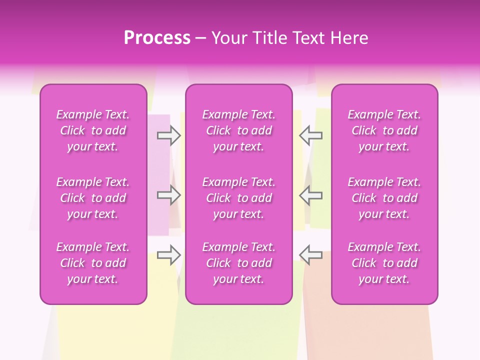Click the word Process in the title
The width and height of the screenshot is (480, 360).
(157, 38)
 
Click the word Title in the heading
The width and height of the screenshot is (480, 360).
(270, 38)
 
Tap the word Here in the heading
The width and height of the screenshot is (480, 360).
(348, 38)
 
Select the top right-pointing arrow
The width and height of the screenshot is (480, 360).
(169, 135)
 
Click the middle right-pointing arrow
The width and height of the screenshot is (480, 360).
(169, 195)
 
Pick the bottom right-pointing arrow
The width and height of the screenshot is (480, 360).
(169, 255)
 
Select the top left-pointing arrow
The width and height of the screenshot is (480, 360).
(311, 135)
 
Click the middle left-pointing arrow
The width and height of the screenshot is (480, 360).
(311, 195)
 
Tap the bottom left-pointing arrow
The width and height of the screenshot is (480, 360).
(311, 255)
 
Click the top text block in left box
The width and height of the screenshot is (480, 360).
(93, 130)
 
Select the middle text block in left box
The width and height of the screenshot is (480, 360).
(93, 198)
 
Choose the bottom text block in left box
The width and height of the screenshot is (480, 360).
(93, 263)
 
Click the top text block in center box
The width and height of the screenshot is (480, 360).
(239, 130)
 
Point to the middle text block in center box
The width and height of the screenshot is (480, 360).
(239, 198)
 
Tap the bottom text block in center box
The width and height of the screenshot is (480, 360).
(239, 263)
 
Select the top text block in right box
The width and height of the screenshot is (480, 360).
(384, 130)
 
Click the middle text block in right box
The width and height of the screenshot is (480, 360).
(384, 198)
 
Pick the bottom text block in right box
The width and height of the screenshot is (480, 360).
(384, 263)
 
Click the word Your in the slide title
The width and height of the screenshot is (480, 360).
(229, 38)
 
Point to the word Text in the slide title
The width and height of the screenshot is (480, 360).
(309, 38)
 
